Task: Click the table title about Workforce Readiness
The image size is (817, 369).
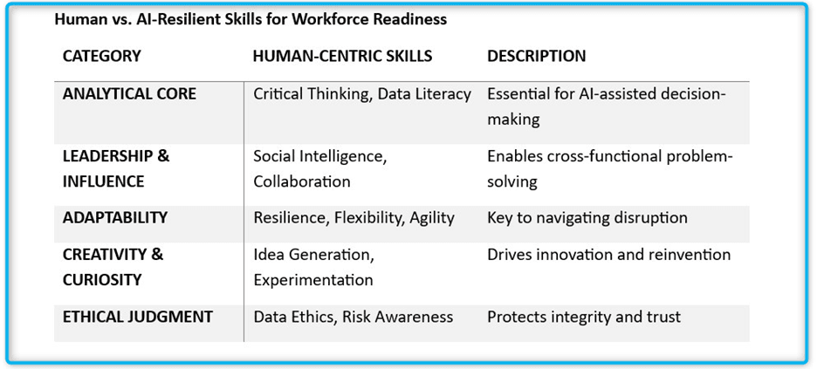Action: (x=251, y=19)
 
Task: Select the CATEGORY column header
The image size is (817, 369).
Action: (x=101, y=56)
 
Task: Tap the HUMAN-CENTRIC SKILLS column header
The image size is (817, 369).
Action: (x=342, y=56)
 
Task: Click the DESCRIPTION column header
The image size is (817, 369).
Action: (x=536, y=56)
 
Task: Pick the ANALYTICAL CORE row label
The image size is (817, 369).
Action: (x=129, y=93)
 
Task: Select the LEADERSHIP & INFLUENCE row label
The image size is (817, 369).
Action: (x=116, y=168)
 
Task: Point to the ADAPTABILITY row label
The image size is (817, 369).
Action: (x=115, y=217)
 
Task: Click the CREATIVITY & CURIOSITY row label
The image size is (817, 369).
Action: (x=113, y=267)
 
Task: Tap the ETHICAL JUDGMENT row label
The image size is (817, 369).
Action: (x=137, y=317)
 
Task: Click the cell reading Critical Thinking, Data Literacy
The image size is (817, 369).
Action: (x=362, y=93)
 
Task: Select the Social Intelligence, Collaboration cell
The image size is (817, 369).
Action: (x=320, y=168)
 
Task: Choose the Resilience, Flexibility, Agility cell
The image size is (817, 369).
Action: (x=354, y=217)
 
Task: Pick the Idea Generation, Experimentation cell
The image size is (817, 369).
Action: (x=313, y=267)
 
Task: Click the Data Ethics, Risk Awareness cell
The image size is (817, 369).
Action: (x=353, y=317)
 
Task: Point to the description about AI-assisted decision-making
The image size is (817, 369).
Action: (x=606, y=106)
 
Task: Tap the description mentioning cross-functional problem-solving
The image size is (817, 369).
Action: (x=609, y=168)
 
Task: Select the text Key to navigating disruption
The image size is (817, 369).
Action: (x=587, y=217)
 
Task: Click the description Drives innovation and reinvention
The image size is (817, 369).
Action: (x=608, y=255)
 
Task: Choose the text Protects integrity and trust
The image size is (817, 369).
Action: (x=583, y=317)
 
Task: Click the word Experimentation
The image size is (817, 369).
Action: (x=313, y=280)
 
